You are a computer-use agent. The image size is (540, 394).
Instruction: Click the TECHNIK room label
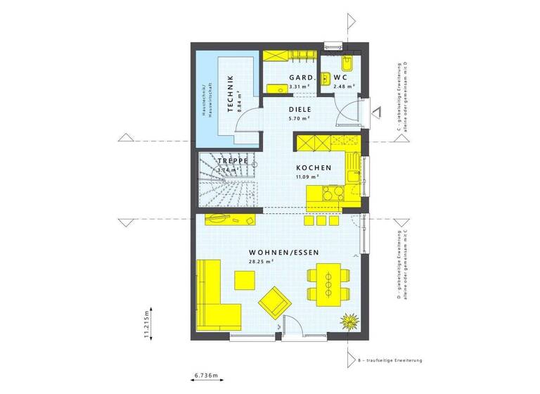229,96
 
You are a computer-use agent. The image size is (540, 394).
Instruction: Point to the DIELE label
300,110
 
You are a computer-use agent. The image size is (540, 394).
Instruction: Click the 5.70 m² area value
299,119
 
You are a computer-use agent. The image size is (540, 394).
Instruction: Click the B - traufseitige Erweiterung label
390,361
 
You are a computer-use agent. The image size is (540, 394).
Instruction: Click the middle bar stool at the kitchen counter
321,220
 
